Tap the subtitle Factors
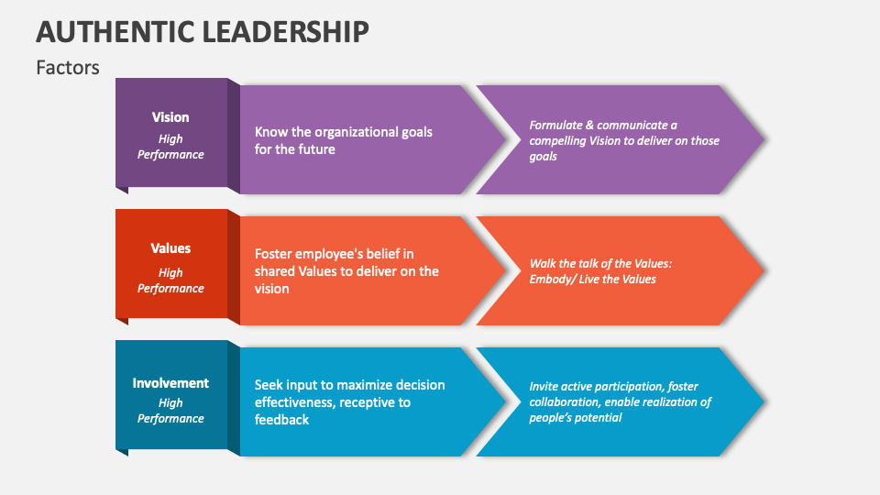[68, 68]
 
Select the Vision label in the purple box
[170, 117]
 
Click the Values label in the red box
[170, 248]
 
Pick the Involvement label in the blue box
[170, 383]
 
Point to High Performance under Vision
[170, 147]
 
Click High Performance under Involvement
[170, 411]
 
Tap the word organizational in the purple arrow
[351, 132]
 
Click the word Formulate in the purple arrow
[555, 126]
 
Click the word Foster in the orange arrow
[273, 254]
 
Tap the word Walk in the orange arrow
[543, 264]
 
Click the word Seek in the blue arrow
[269, 385]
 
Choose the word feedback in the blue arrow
[281, 420]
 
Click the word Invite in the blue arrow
[544, 387]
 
